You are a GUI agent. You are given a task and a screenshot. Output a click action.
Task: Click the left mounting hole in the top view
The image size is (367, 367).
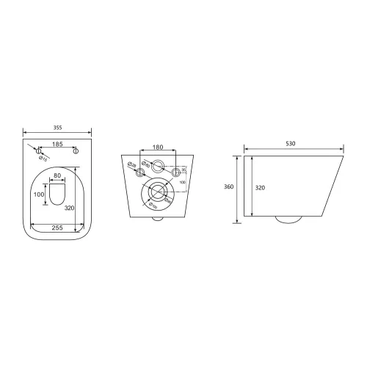click(40, 150)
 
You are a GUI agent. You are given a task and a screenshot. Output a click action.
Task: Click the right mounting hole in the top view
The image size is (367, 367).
click(76, 150)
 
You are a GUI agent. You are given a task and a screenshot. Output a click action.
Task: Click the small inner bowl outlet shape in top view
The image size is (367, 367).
click(57, 195)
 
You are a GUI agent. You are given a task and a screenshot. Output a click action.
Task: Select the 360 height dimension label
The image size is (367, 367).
click(228, 188)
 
